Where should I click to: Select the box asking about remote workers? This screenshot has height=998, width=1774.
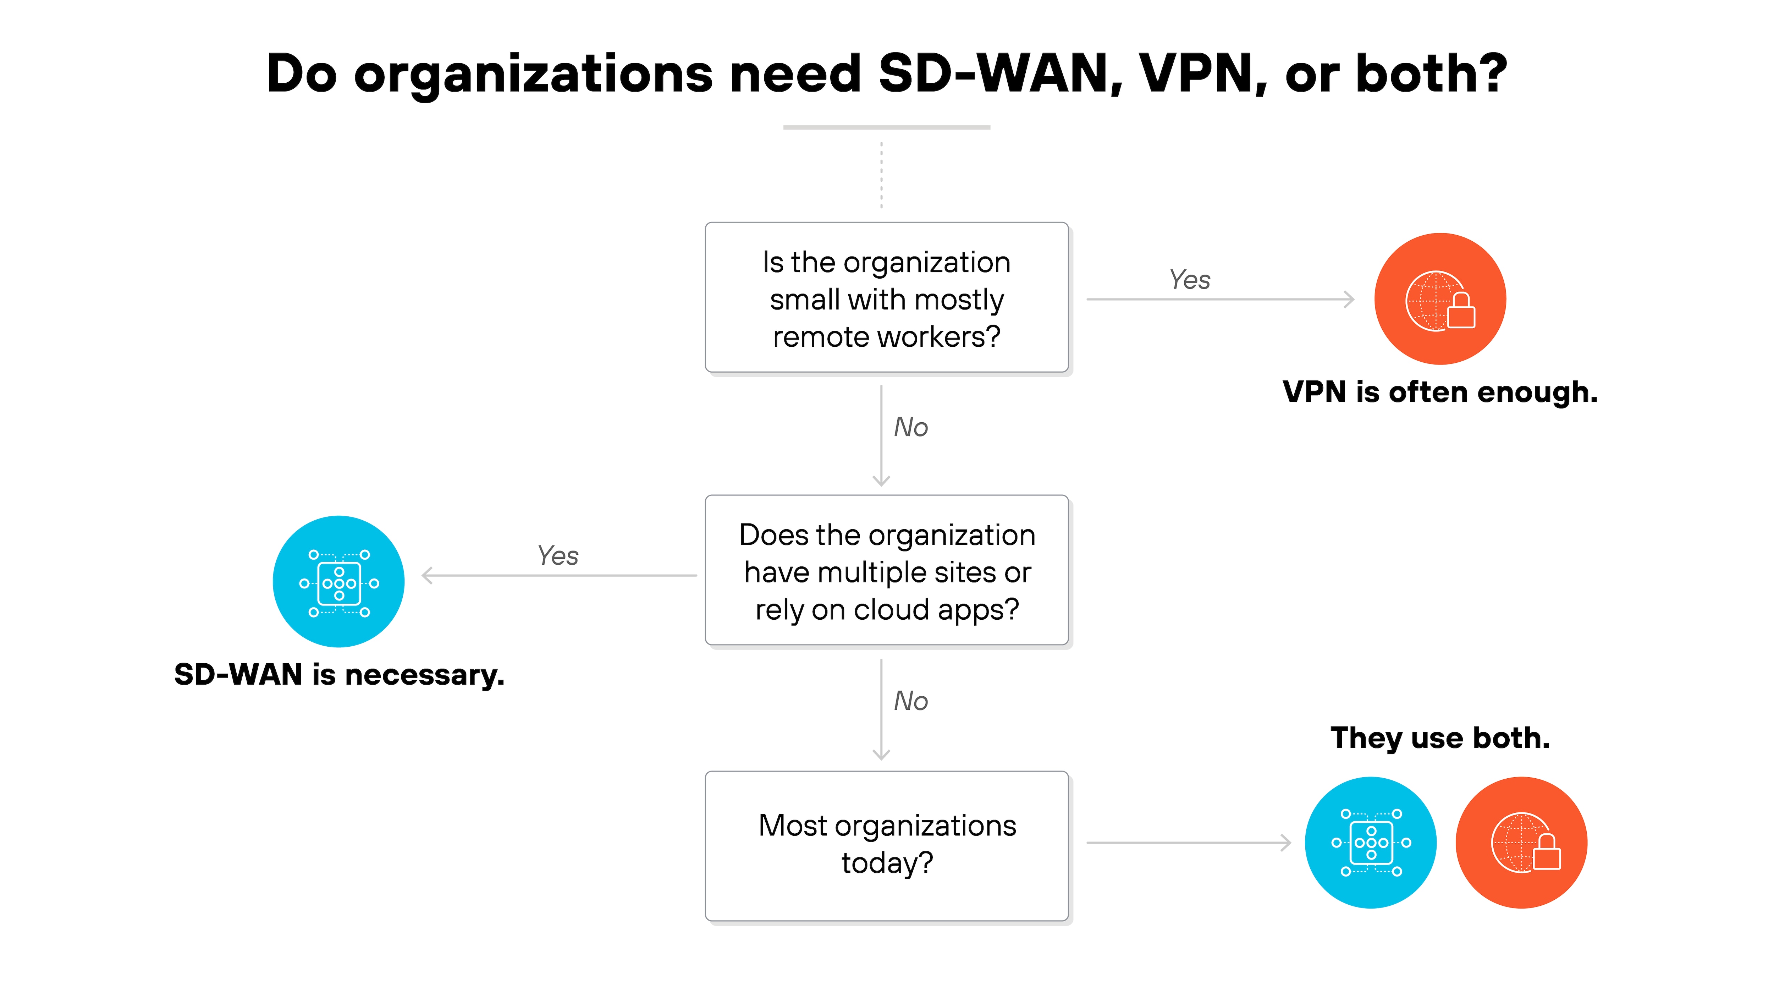click(886, 297)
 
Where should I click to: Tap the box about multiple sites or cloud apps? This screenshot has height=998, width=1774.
click(886, 570)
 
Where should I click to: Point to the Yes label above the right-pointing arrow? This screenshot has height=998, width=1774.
click(1189, 280)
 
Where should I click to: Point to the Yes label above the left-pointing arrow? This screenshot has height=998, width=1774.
click(557, 555)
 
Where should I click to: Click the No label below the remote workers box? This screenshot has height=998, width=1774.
click(910, 427)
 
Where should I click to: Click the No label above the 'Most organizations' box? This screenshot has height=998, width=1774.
click(910, 701)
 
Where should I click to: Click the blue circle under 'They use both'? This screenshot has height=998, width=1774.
click(1371, 842)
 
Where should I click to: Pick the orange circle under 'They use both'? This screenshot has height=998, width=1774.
click(1521, 842)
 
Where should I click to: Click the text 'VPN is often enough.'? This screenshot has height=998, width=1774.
click(1439, 392)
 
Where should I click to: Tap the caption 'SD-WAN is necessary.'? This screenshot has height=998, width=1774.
click(339, 674)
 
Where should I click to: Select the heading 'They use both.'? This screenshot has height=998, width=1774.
click(1439, 737)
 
